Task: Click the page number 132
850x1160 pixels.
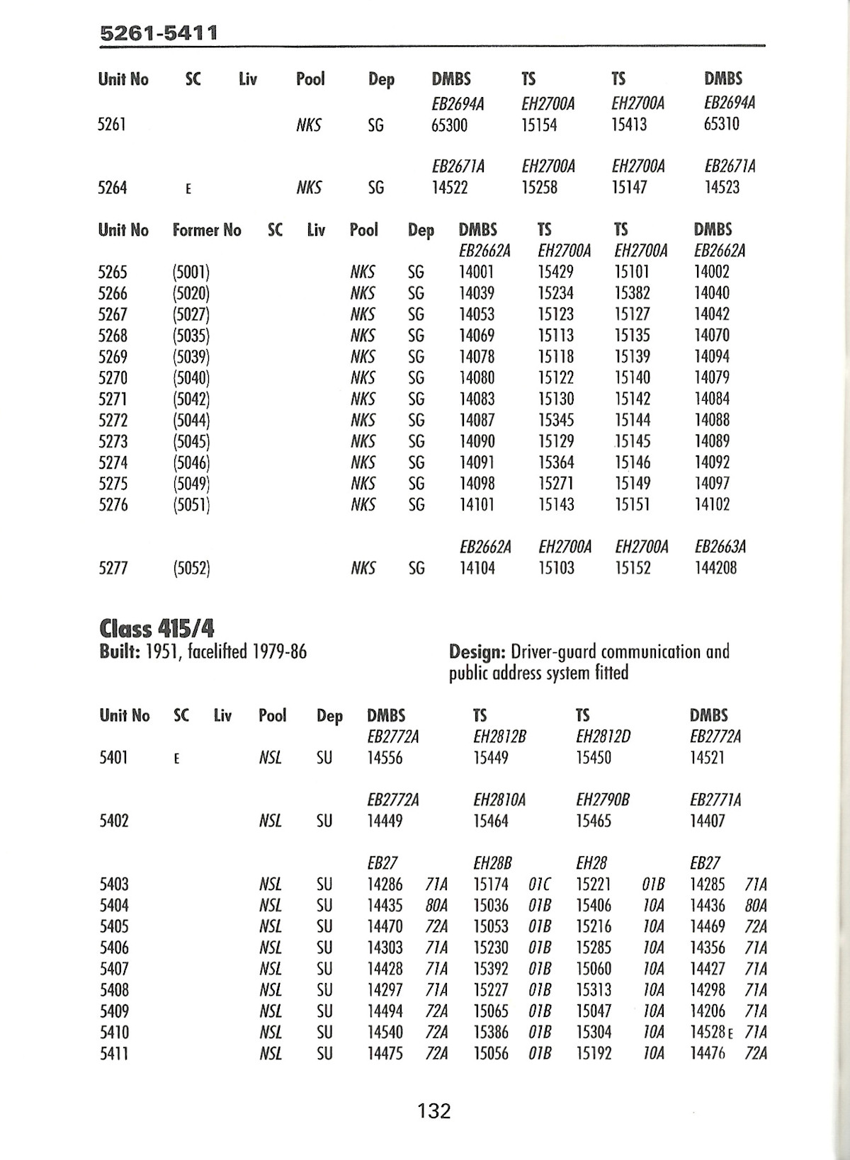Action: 434,1111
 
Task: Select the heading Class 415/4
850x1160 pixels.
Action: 157,628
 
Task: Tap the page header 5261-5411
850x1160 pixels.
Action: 159,33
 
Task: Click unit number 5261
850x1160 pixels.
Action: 112,125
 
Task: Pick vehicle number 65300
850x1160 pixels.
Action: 449,125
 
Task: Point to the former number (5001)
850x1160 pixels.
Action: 191,272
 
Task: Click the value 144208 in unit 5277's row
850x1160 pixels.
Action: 715,568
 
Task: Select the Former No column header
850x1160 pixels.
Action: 207,230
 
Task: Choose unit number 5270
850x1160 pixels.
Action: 113,377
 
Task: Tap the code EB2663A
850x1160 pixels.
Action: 720,547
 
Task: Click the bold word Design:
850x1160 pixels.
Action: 477,652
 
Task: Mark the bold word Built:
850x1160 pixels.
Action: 120,652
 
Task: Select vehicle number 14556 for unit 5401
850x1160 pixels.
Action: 385,758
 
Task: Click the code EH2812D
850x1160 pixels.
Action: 603,737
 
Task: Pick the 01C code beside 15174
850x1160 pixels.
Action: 540,884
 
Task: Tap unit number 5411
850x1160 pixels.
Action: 114,1053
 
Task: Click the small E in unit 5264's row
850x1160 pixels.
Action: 188,188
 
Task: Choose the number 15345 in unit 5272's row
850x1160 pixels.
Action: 556,420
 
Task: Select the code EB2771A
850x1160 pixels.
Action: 715,800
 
